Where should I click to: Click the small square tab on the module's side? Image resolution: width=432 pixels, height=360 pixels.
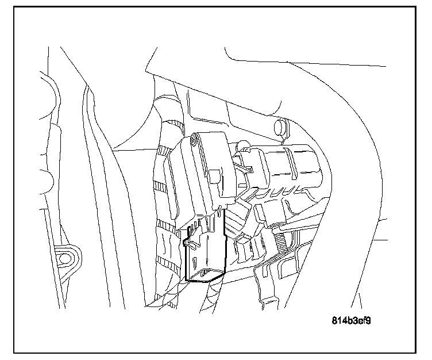click(217, 175)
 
